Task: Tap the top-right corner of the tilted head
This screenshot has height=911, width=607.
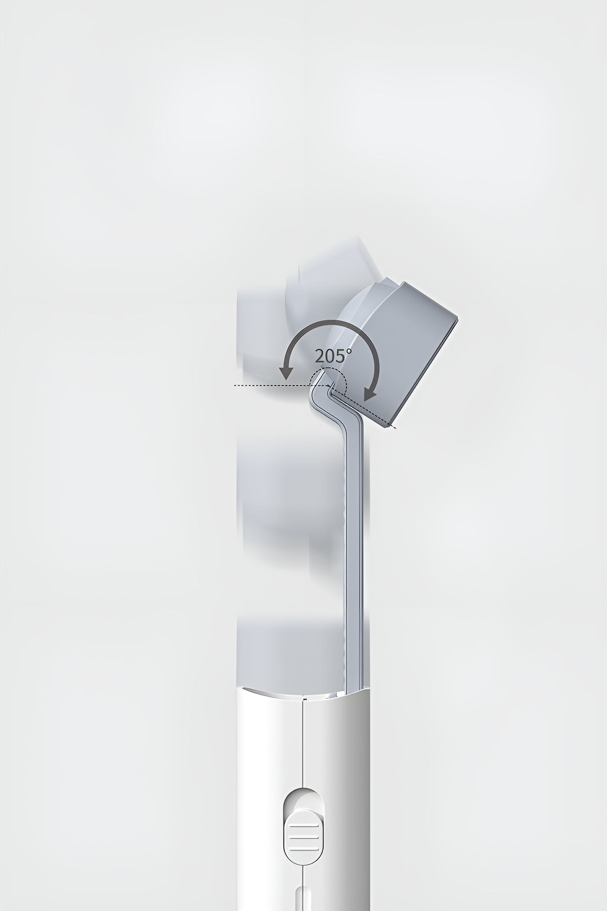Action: click(x=458, y=318)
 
